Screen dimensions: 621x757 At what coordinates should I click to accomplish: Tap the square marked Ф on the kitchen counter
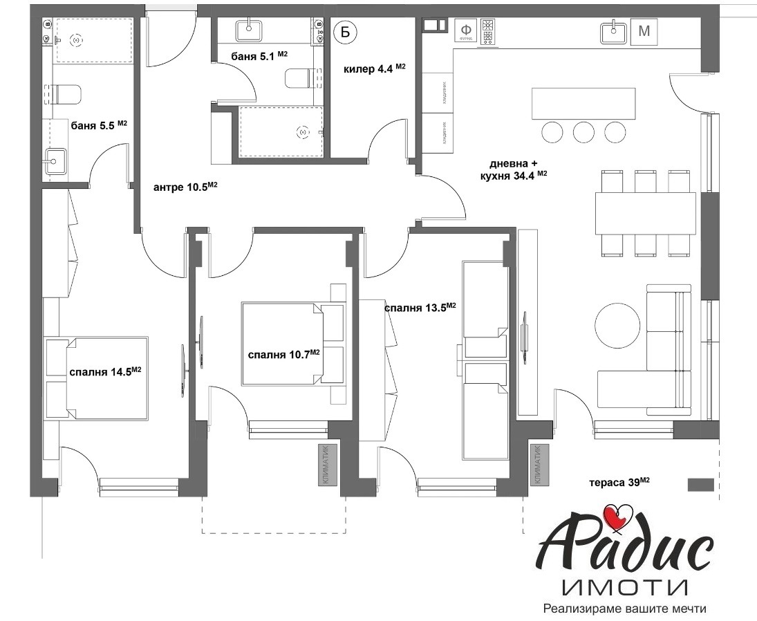pyautogui.click(x=467, y=31)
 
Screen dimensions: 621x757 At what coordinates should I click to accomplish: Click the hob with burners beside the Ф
pyautogui.click(x=489, y=32)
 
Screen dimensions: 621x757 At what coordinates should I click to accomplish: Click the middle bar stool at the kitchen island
pyautogui.click(x=583, y=131)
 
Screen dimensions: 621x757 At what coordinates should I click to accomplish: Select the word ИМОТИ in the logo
pyautogui.click(x=624, y=588)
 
